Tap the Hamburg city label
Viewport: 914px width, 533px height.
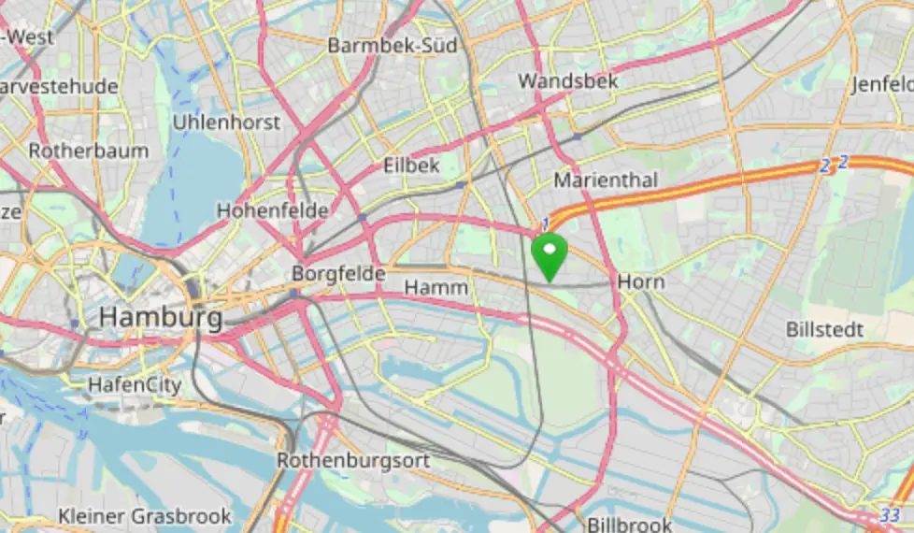(x=161, y=317)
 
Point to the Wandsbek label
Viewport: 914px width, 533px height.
(x=567, y=81)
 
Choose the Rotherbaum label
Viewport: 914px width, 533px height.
(x=88, y=151)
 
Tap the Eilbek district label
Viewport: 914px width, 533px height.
(x=411, y=166)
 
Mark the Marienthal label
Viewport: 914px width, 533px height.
(x=606, y=180)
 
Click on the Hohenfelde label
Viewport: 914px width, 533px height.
(x=272, y=210)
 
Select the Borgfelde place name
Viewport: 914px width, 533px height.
(x=338, y=274)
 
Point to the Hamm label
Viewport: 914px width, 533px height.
(x=436, y=288)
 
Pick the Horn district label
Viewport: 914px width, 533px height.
(x=641, y=281)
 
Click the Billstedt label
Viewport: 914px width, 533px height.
(x=824, y=330)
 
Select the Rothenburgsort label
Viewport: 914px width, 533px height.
(x=353, y=460)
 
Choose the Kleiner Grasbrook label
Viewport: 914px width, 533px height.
(x=144, y=515)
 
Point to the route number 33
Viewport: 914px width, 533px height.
(x=890, y=515)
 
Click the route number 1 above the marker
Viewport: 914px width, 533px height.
(x=544, y=221)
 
